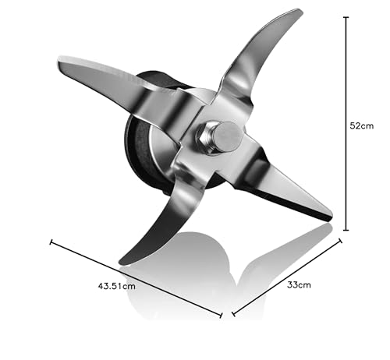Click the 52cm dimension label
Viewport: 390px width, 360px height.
361,126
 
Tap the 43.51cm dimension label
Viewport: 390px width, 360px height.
117,286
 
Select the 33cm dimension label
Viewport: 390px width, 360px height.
299,284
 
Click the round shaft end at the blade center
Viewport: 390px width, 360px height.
228,137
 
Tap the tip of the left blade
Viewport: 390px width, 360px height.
59,60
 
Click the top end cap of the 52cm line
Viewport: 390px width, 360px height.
346,17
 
